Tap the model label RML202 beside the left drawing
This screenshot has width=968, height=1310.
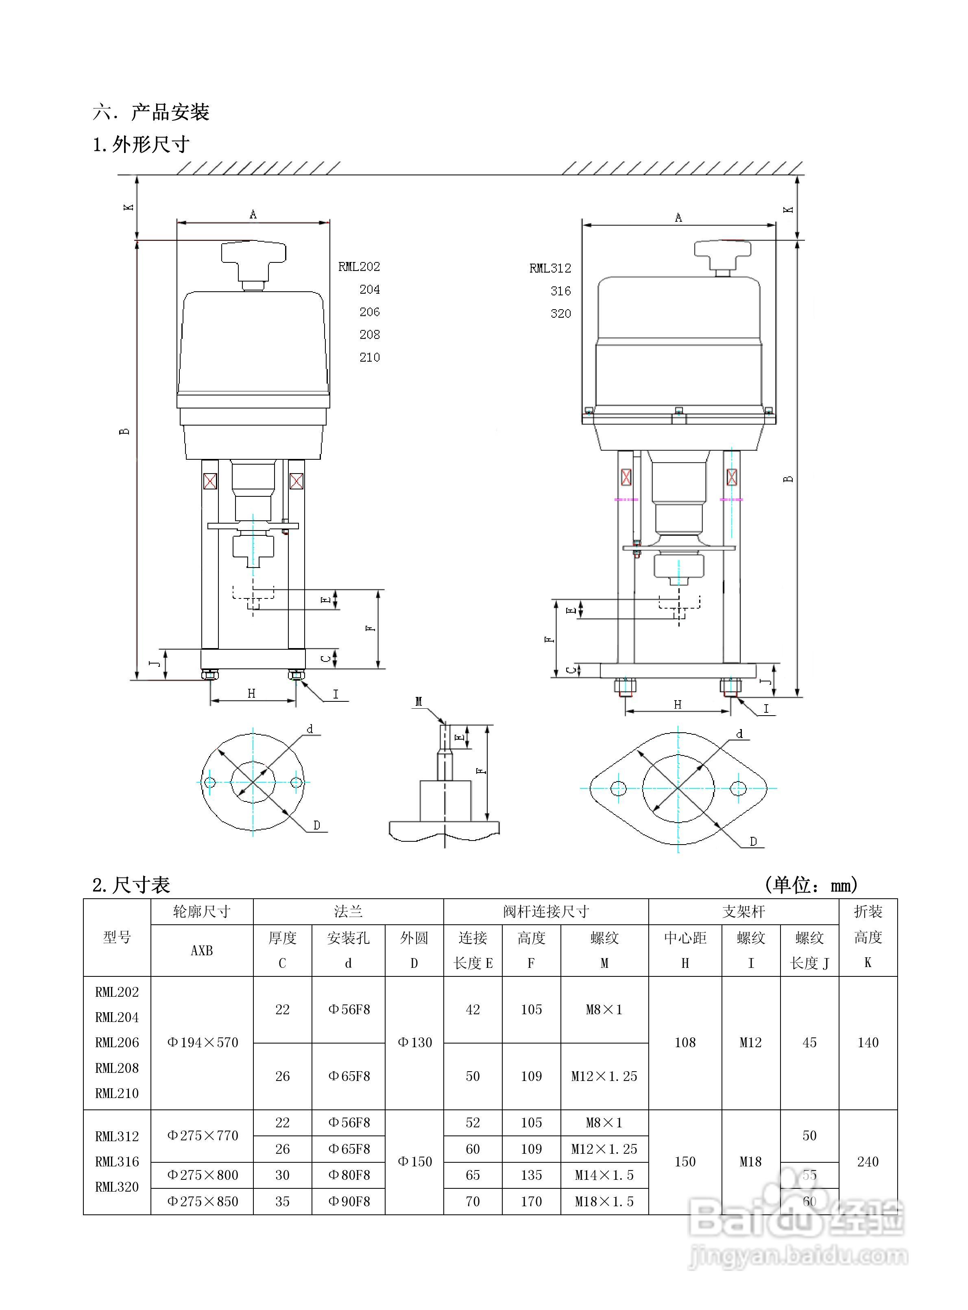[x=359, y=267]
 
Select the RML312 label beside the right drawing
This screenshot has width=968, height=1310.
[x=549, y=269]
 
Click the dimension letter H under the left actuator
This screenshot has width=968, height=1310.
[x=251, y=693]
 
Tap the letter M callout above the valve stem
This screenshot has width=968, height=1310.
[x=419, y=702]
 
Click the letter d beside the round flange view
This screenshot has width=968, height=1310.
[x=310, y=729]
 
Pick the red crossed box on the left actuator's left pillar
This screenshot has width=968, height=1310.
[x=210, y=482]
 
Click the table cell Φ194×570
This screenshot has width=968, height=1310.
[x=202, y=1043]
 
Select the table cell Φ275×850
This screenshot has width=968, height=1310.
[x=202, y=1201]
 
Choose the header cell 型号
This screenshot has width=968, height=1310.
[x=117, y=937]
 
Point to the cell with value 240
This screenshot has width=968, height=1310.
[x=868, y=1162]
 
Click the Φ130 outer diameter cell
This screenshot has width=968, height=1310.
[x=414, y=1043]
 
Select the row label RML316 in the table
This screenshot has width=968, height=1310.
[x=117, y=1162]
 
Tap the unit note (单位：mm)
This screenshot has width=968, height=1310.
[x=811, y=884]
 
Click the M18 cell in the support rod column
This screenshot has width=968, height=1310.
[x=751, y=1162]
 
